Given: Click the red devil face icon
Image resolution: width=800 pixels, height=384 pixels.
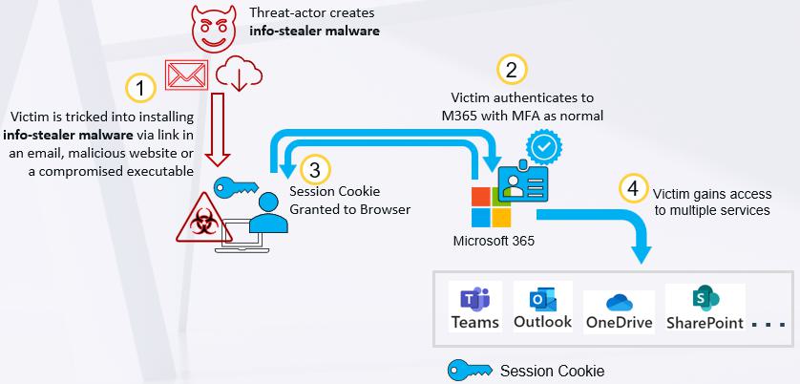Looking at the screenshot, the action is click(214, 29).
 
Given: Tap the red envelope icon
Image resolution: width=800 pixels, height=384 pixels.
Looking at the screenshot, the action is click(186, 75).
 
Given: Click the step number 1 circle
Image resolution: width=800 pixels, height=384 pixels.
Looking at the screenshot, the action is click(141, 89).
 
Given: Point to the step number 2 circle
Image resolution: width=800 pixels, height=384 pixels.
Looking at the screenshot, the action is click(512, 70).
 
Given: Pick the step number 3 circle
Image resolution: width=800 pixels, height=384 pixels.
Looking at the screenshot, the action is click(315, 170).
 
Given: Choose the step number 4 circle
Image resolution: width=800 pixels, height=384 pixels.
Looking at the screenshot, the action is click(633, 189).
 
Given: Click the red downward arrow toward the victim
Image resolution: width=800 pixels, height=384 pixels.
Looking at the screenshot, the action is click(219, 129).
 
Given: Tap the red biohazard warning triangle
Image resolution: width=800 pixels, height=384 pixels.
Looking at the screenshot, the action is click(204, 219).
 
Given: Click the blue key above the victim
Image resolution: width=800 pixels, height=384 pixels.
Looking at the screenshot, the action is click(236, 188).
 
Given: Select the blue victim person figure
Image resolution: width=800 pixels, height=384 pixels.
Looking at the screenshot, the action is click(268, 213).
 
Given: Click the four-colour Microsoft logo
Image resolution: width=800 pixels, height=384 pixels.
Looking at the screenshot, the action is click(491, 207).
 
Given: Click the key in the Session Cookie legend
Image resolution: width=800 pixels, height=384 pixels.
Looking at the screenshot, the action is click(470, 371).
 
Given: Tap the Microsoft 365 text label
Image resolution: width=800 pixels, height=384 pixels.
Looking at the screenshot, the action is click(494, 241).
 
